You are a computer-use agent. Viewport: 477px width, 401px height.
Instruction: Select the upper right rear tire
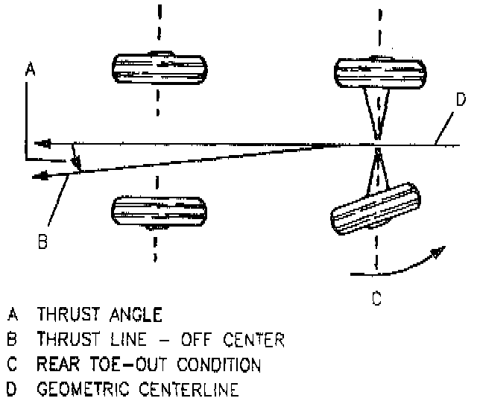[379, 72]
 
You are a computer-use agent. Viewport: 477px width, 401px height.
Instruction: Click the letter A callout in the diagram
[30, 69]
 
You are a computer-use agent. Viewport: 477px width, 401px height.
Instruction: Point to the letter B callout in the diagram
[42, 242]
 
